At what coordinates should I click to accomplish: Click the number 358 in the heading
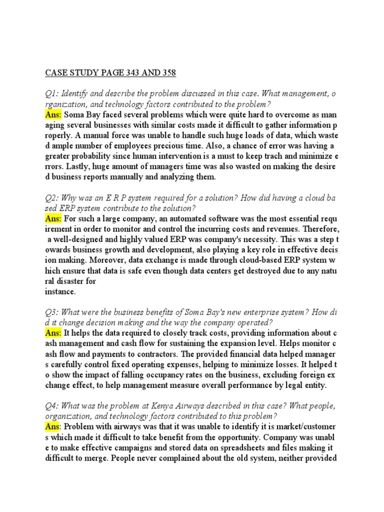166,73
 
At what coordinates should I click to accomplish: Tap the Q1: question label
51,94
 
